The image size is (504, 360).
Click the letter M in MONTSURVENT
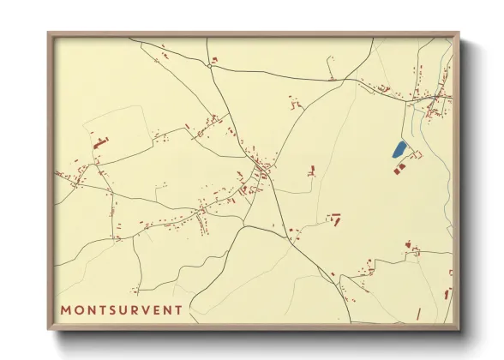tap(66, 309)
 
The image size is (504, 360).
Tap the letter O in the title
tap(80, 309)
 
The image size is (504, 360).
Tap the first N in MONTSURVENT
tap(93, 309)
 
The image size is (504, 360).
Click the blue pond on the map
tap(399, 149)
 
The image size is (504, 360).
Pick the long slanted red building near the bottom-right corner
tap(447, 294)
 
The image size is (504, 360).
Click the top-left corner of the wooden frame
tap(49, 33)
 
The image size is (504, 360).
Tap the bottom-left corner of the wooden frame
tap(49, 329)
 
